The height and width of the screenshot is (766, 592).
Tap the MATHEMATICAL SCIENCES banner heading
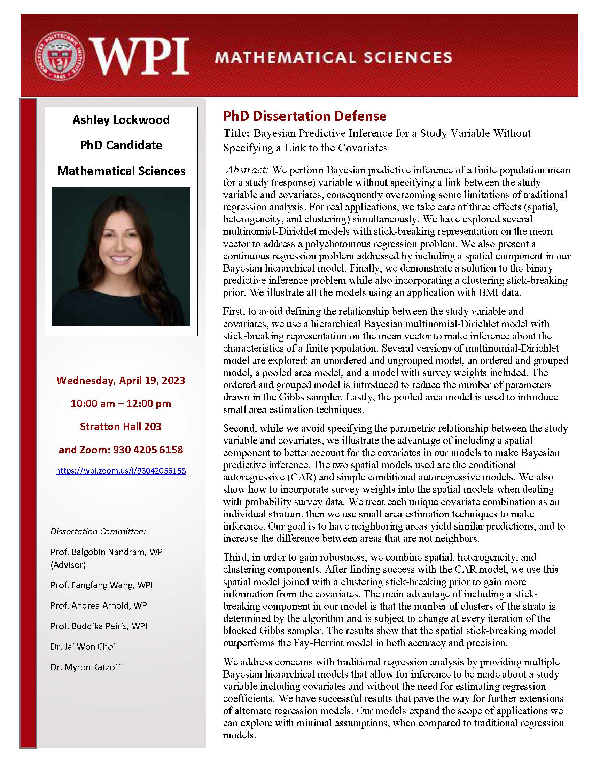pyautogui.click(x=333, y=57)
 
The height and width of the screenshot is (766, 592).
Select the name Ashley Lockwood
pyautogui.click(x=121, y=120)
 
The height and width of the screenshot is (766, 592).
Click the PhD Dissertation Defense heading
pyautogui.click(x=305, y=116)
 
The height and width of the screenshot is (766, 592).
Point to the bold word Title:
pyautogui.click(x=236, y=133)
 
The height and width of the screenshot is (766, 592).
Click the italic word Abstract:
pyautogui.click(x=247, y=170)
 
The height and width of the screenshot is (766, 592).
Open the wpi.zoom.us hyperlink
pyautogui.click(x=121, y=471)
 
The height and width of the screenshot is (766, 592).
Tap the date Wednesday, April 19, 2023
pyautogui.click(x=121, y=381)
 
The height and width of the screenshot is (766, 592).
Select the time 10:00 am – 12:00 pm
pyautogui.click(x=121, y=403)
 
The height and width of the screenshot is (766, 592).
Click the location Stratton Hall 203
pyautogui.click(x=121, y=427)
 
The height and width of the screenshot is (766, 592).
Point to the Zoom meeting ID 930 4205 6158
pyautogui.click(x=148, y=450)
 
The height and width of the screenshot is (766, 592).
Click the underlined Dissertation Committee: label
pyautogui.click(x=98, y=531)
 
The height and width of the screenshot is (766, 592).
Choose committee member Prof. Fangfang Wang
pyautogui.click(x=101, y=585)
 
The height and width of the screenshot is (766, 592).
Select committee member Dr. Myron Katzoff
pyautogui.click(x=86, y=667)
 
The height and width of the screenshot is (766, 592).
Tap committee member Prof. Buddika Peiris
pyautogui.click(x=99, y=626)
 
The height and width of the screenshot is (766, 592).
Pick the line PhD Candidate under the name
pyautogui.click(x=121, y=145)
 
